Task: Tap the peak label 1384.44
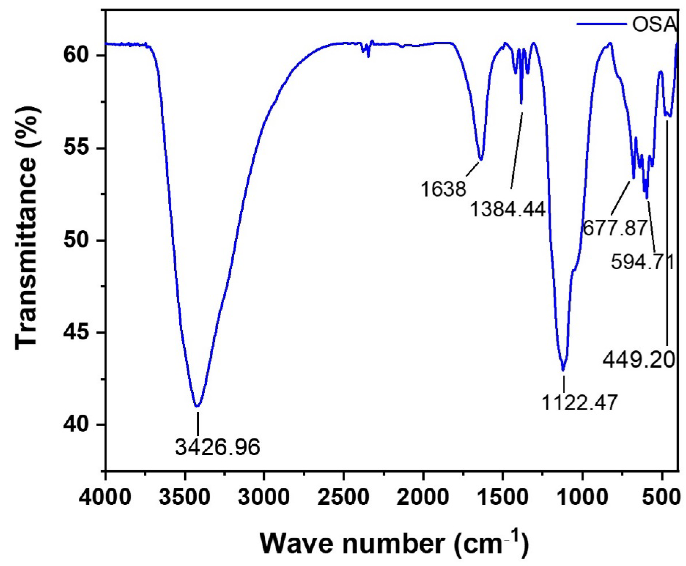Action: pyautogui.click(x=508, y=209)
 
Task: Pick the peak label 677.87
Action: pyautogui.click(x=614, y=228)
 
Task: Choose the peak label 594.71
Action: pyautogui.click(x=641, y=262)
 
